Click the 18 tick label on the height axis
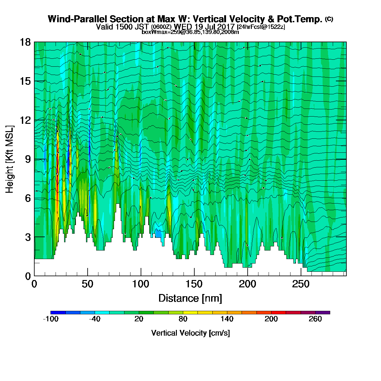pos(25,42)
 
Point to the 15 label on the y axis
pos(25,81)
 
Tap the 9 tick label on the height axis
pos(28,159)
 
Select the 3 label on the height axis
pos(28,237)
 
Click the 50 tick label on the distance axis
pos(88,284)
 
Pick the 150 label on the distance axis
pos(194,284)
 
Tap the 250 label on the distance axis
pos(301,284)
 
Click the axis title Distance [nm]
pos(190,298)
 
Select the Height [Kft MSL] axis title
pos(9,159)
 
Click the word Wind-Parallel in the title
pos(77,19)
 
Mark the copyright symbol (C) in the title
pos(329,19)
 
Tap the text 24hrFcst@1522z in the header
pos(261,27)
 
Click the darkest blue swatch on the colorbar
pos(58,312)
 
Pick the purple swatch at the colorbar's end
pos(323,312)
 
